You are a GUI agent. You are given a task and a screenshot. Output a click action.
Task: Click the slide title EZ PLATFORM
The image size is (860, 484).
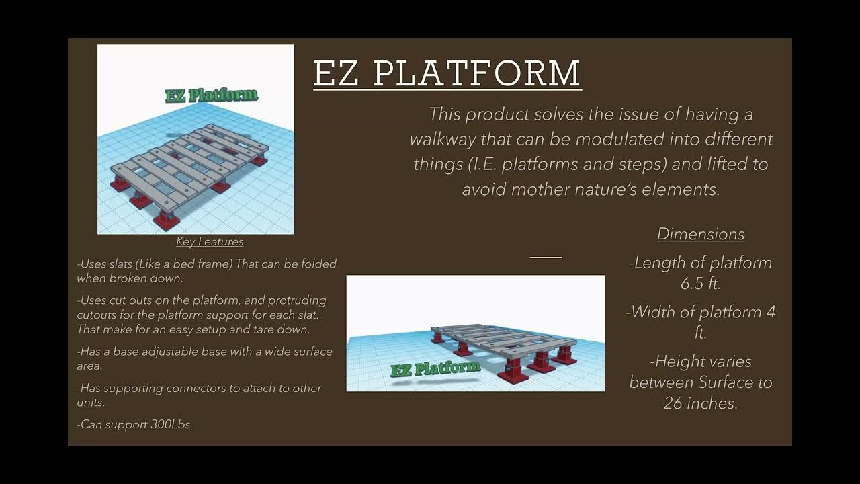(447, 73)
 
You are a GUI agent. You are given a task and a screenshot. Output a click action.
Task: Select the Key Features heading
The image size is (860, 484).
(210, 241)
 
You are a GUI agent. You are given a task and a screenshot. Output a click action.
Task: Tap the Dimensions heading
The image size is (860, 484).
(701, 234)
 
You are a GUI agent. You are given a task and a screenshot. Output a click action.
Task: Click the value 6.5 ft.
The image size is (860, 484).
(701, 284)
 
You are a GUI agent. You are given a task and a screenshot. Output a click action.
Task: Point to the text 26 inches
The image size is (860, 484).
(700, 403)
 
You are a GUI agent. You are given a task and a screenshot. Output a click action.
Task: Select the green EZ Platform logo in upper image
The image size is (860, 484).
(212, 95)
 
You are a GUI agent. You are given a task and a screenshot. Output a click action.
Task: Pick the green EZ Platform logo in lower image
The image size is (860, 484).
(435, 368)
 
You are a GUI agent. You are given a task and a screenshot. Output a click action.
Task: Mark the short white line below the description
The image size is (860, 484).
(546, 257)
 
